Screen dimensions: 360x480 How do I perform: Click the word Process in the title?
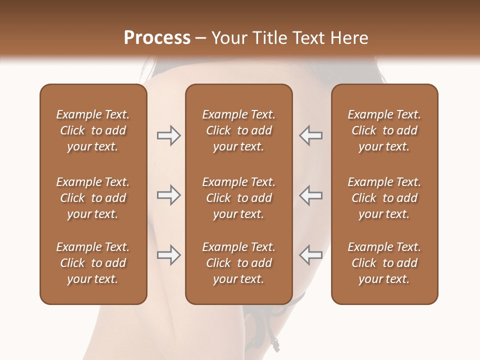click(x=157, y=38)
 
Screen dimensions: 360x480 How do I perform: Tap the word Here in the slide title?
click(x=349, y=38)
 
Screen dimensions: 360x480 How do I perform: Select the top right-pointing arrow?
click(x=168, y=135)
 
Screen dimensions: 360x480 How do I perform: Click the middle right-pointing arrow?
click(x=168, y=195)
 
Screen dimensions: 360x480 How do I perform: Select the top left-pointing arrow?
click(x=311, y=135)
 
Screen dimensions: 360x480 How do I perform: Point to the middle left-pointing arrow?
click(x=311, y=195)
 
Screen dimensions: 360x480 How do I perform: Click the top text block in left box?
click(x=93, y=130)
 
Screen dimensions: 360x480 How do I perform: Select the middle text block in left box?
click(x=93, y=198)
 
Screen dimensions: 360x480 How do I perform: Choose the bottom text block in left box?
click(x=93, y=263)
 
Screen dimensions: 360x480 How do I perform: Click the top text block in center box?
click(x=238, y=130)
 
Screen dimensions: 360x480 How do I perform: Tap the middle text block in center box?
click(x=238, y=198)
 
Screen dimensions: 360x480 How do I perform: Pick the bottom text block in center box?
click(x=238, y=263)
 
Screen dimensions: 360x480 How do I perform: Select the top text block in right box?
click(x=384, y=130)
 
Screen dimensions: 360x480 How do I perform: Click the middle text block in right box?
click(x=384, y=198)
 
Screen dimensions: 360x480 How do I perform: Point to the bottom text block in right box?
click(x=384, y=263)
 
